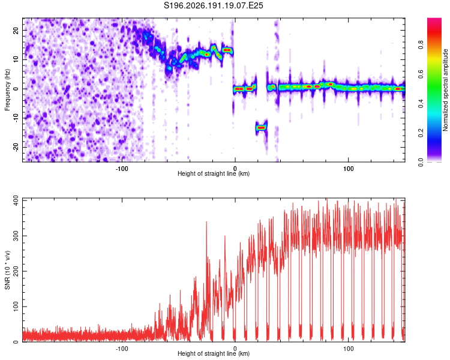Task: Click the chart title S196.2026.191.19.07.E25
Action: [213, 5]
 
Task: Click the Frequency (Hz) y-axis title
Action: [7, 90]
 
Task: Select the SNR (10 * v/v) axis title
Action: [7, 270]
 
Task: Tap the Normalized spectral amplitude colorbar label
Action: [445, 90]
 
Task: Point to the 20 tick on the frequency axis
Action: [16, 30]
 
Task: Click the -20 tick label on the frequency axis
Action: [16, 147]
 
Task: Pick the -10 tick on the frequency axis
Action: [16, 118]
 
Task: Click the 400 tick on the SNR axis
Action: [16, 200]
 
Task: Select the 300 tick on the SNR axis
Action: [16, 236]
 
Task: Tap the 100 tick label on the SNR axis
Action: [16, 307]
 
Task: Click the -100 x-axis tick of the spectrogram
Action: [122, 169]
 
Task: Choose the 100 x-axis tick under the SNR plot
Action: [349, 349]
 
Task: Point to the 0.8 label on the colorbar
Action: [421, 45]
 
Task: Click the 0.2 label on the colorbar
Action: [421, 133]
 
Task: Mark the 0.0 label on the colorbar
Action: [421, 163]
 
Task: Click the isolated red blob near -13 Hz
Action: [261, 127]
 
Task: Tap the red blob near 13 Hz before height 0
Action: [227, 50]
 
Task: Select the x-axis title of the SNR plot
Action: [214, 353]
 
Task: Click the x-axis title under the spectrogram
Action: [214, 173]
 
